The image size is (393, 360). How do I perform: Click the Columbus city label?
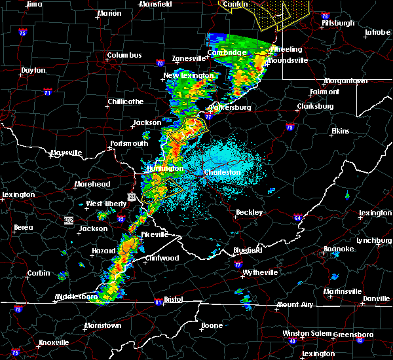[124, 56]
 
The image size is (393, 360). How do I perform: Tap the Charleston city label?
[223, 173]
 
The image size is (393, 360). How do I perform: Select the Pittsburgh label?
[338, 24]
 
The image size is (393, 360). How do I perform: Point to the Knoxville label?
[54, 342]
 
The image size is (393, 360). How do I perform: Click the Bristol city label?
[174, 299]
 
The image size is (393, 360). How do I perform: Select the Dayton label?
[33, 70]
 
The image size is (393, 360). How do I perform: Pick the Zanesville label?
[189, 58]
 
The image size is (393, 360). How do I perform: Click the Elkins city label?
[341, 132]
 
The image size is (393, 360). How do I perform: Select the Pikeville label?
[153, 234]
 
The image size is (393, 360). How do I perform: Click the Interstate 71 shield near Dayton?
[47, 93]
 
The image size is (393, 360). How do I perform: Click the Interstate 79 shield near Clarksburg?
[290, 128]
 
